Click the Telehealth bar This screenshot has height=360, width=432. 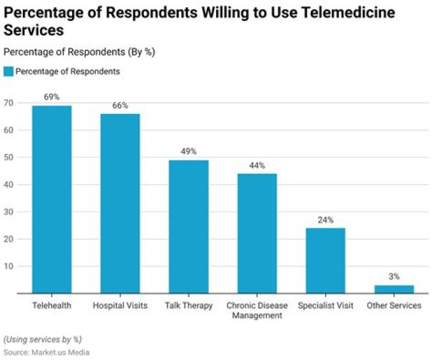tap(52, 199)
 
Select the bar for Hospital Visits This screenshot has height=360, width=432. tap(120, 203)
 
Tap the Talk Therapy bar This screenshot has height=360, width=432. tap(188, 226)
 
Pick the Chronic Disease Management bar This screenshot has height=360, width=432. tap(257, 233)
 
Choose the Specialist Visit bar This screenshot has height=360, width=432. tap(325, 260)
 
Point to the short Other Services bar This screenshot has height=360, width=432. tap(394, 289)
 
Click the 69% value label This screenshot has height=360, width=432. tap(52, 97)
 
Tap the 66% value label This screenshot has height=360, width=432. tap(120, 105)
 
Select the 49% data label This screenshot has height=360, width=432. tap(188, 151)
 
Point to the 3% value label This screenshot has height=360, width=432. tap(394, 277)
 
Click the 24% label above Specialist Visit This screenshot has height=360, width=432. tap(325, 220)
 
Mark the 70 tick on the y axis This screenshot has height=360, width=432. tap(8, 103)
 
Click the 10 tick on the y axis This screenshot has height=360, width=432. tap(8, 266)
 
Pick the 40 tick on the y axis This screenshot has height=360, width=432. tap(8, 184)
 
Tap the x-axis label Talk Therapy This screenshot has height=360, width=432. tap(188, 306)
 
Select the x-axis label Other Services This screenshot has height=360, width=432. tap(394, 306)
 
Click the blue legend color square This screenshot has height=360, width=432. tap(8, 71)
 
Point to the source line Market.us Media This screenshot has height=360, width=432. tap(46, 352)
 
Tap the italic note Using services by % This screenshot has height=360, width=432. tap(42, 339)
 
